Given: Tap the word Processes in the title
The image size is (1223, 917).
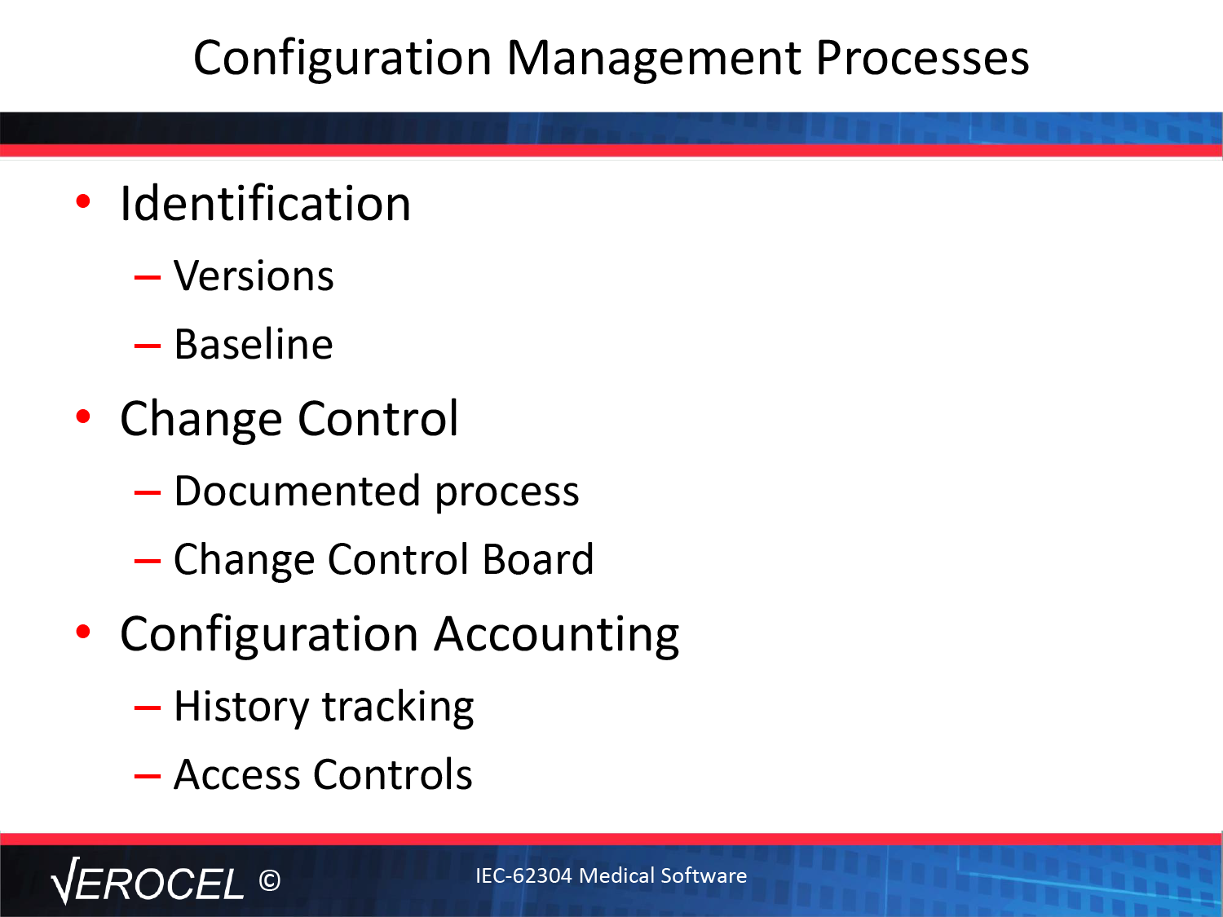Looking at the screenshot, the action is click(x=923, y=58).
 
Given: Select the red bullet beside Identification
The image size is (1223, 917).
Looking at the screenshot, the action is click(x=83, y=201).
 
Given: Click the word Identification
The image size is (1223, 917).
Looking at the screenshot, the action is click(x=265, y=203).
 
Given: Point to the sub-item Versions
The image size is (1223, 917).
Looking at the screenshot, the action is click(x=254, y=276).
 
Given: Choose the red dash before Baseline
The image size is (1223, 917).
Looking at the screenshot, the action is click(x=148, y=346).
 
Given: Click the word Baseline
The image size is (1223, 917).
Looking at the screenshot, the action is click(x=254, y=344).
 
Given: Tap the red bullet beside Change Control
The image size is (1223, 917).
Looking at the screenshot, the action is click(x=83, y=417).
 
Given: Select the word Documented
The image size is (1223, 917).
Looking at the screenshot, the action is click(x=297, y=491).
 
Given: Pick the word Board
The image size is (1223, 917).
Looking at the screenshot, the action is click(x=538, y=559).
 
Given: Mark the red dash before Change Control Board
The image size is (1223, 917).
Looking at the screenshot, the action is click(x=148, y=561).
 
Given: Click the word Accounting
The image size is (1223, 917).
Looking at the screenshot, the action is click(x=557, y=636).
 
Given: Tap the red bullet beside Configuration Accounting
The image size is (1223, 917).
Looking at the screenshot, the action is click(x=83, y=632).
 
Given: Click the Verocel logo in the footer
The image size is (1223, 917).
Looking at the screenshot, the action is click(x=147, y=881).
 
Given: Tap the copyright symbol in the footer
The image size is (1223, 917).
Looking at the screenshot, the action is click(x=270, y=880).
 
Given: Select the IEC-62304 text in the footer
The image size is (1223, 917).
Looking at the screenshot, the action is click(x=523, y=875).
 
